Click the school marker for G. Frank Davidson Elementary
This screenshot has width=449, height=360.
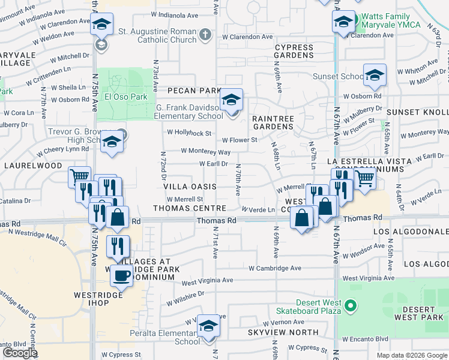[231, 101]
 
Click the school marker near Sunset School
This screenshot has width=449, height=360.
[375, 75]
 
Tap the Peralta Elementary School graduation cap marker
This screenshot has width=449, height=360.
[209, 326]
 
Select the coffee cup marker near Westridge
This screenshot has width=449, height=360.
[122, 275]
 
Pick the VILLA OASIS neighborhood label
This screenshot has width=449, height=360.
[190, 187]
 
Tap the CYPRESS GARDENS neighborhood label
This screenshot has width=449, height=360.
[294, 51]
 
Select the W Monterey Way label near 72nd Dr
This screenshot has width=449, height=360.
[205, 152]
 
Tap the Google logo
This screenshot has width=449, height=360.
[20, 353]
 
